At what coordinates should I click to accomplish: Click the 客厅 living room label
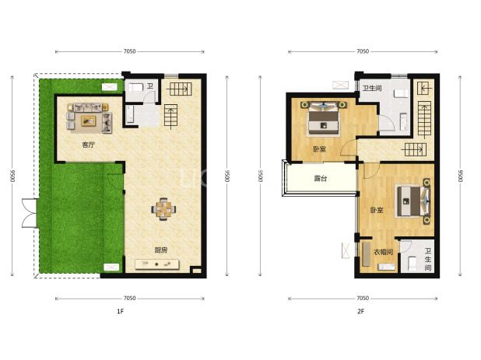[89, 145]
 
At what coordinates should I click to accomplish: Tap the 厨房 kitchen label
[161, 250]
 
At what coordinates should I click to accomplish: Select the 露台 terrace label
[321, 178]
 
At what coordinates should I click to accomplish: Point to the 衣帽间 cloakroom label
[384, 252]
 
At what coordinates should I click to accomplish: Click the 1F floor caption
[120, 311]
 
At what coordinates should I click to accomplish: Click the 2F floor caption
[361, 311]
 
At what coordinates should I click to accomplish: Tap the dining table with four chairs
[163, 209]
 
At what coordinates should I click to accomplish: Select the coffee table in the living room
[89, 121]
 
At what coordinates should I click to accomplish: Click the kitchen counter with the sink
[157, 264]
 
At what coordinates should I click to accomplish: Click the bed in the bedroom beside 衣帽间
[414, 201]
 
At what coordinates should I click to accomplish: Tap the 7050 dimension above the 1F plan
[129, 51]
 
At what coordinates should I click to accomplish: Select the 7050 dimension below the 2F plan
[363, 298]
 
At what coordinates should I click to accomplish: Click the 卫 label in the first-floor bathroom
[150, 86]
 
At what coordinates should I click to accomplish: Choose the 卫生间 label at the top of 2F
[372, 88]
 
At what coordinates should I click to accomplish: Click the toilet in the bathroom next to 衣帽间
[412, 264]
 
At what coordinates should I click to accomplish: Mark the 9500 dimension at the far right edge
[460, 177]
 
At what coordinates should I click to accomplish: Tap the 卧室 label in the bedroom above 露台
[319, 149]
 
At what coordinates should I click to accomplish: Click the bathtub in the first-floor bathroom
[130, 114]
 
